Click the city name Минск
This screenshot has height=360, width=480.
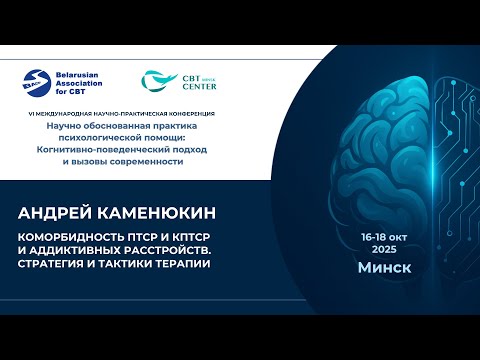(x=384, y=269)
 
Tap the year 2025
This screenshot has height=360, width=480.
(x=384, y=247)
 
